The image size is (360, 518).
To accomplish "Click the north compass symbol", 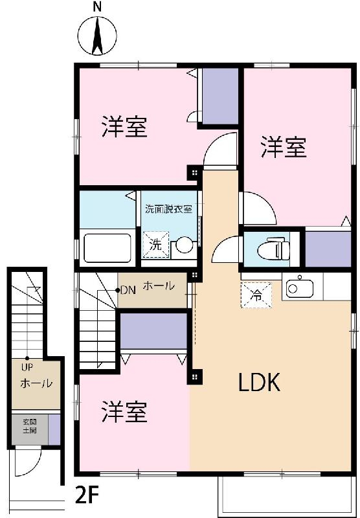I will coord(97,36).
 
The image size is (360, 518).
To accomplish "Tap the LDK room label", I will coord(259,383).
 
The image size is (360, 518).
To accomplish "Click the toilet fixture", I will coord(272,248).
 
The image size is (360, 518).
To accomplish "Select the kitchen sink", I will coord(298,287).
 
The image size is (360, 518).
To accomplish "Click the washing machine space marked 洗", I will coord(155,245).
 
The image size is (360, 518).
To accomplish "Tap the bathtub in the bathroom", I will coord(107,246).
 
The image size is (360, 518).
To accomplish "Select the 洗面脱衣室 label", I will coord(168,209).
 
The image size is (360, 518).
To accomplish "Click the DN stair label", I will coord(127,289).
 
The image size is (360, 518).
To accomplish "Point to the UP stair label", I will coord(27,367).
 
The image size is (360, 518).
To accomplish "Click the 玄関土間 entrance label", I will coord(29,426).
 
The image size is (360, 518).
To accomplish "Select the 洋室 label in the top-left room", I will coord(124,127).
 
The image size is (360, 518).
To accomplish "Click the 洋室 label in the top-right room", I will coord(284,147).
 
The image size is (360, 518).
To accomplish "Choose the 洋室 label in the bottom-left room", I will coord(124,412).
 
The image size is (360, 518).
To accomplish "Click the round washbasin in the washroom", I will coord(184,245).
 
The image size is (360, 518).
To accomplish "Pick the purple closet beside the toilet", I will coord(328,248).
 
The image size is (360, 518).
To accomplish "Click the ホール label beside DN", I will coord(157,286).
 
